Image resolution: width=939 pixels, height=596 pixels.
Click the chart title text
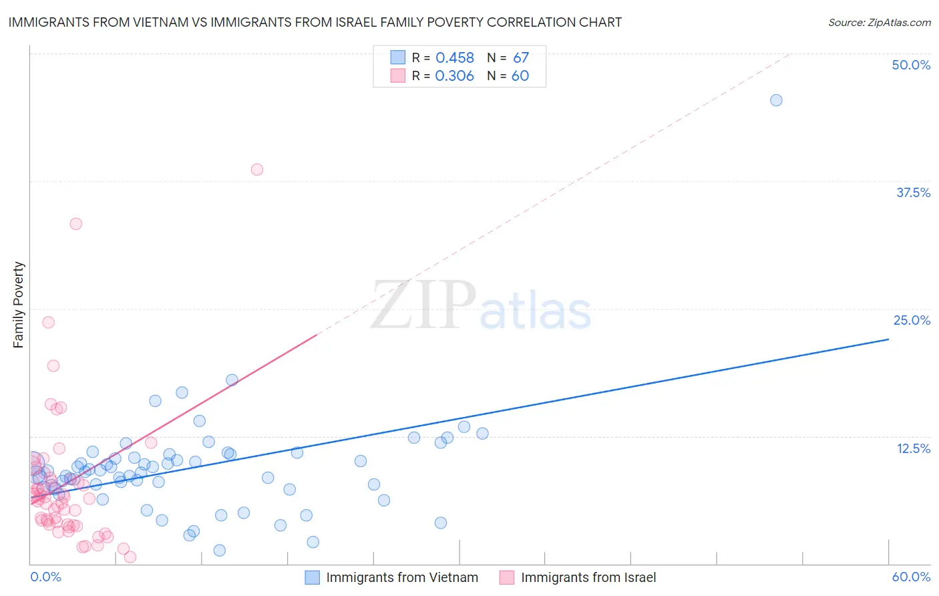click(x=315, y=22)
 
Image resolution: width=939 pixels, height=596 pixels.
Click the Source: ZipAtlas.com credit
click(x=879, y=22)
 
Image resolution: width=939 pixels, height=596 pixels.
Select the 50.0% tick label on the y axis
click(x=911, y=65)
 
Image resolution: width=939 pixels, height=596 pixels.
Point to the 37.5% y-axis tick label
click(x=913, y=192)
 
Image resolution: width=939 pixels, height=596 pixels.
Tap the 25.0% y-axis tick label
click(x=912, y=320)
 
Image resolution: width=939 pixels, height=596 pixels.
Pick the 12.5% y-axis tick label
click(x=913, y=448)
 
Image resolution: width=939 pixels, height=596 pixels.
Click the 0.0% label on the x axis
click(x=45, y=577)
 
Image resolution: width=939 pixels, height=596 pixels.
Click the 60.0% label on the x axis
click(x=911, y=577)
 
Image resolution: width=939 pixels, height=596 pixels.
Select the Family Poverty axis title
click(x=19, y=305)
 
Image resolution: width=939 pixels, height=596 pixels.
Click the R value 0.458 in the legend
click(x=455, y=58)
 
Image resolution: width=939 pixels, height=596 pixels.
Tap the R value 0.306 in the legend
click(x=454, y=76)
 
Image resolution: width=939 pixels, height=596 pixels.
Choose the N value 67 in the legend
click(x=521, y=58)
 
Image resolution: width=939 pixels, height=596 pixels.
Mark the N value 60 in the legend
click(x=520, y=76)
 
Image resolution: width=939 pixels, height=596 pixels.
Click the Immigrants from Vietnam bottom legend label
click(x=402, y=577)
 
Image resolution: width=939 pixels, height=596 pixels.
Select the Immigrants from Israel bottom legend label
click(x=588, y=577)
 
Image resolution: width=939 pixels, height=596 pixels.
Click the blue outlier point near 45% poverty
click(x=776, y=100)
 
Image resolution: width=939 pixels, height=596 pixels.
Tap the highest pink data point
click(x=257, y=170)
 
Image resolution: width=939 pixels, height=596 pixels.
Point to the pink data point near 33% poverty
click(x=76, y=224)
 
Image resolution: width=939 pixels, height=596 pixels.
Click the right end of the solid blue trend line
click(x=888, y=339)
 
